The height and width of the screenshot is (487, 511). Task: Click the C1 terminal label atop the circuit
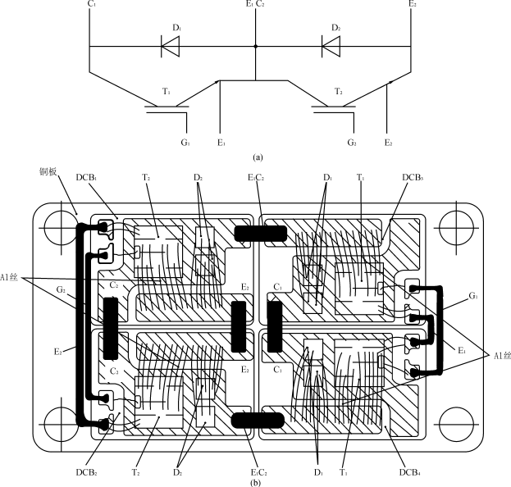click(89, 5)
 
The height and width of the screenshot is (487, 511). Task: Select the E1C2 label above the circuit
click(255, 5)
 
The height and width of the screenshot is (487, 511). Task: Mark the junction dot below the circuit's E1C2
click(256, 47)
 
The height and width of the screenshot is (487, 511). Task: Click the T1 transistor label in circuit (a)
click(166, 92)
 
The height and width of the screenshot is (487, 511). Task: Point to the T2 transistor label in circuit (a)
click(339, 92)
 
